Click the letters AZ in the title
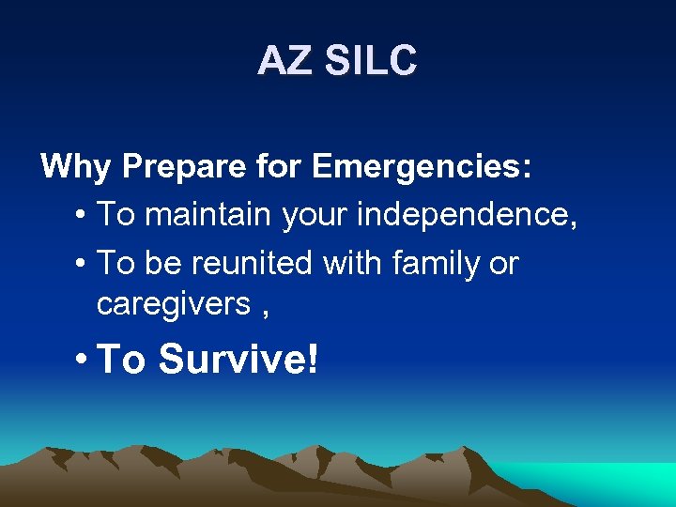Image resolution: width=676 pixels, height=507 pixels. click(283, 61)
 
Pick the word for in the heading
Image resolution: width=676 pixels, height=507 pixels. click(281, 167)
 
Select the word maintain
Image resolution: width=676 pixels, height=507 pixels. click(209, 214)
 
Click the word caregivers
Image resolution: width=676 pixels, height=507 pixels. click(174, 304)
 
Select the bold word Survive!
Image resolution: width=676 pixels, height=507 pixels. click(238, 358)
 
